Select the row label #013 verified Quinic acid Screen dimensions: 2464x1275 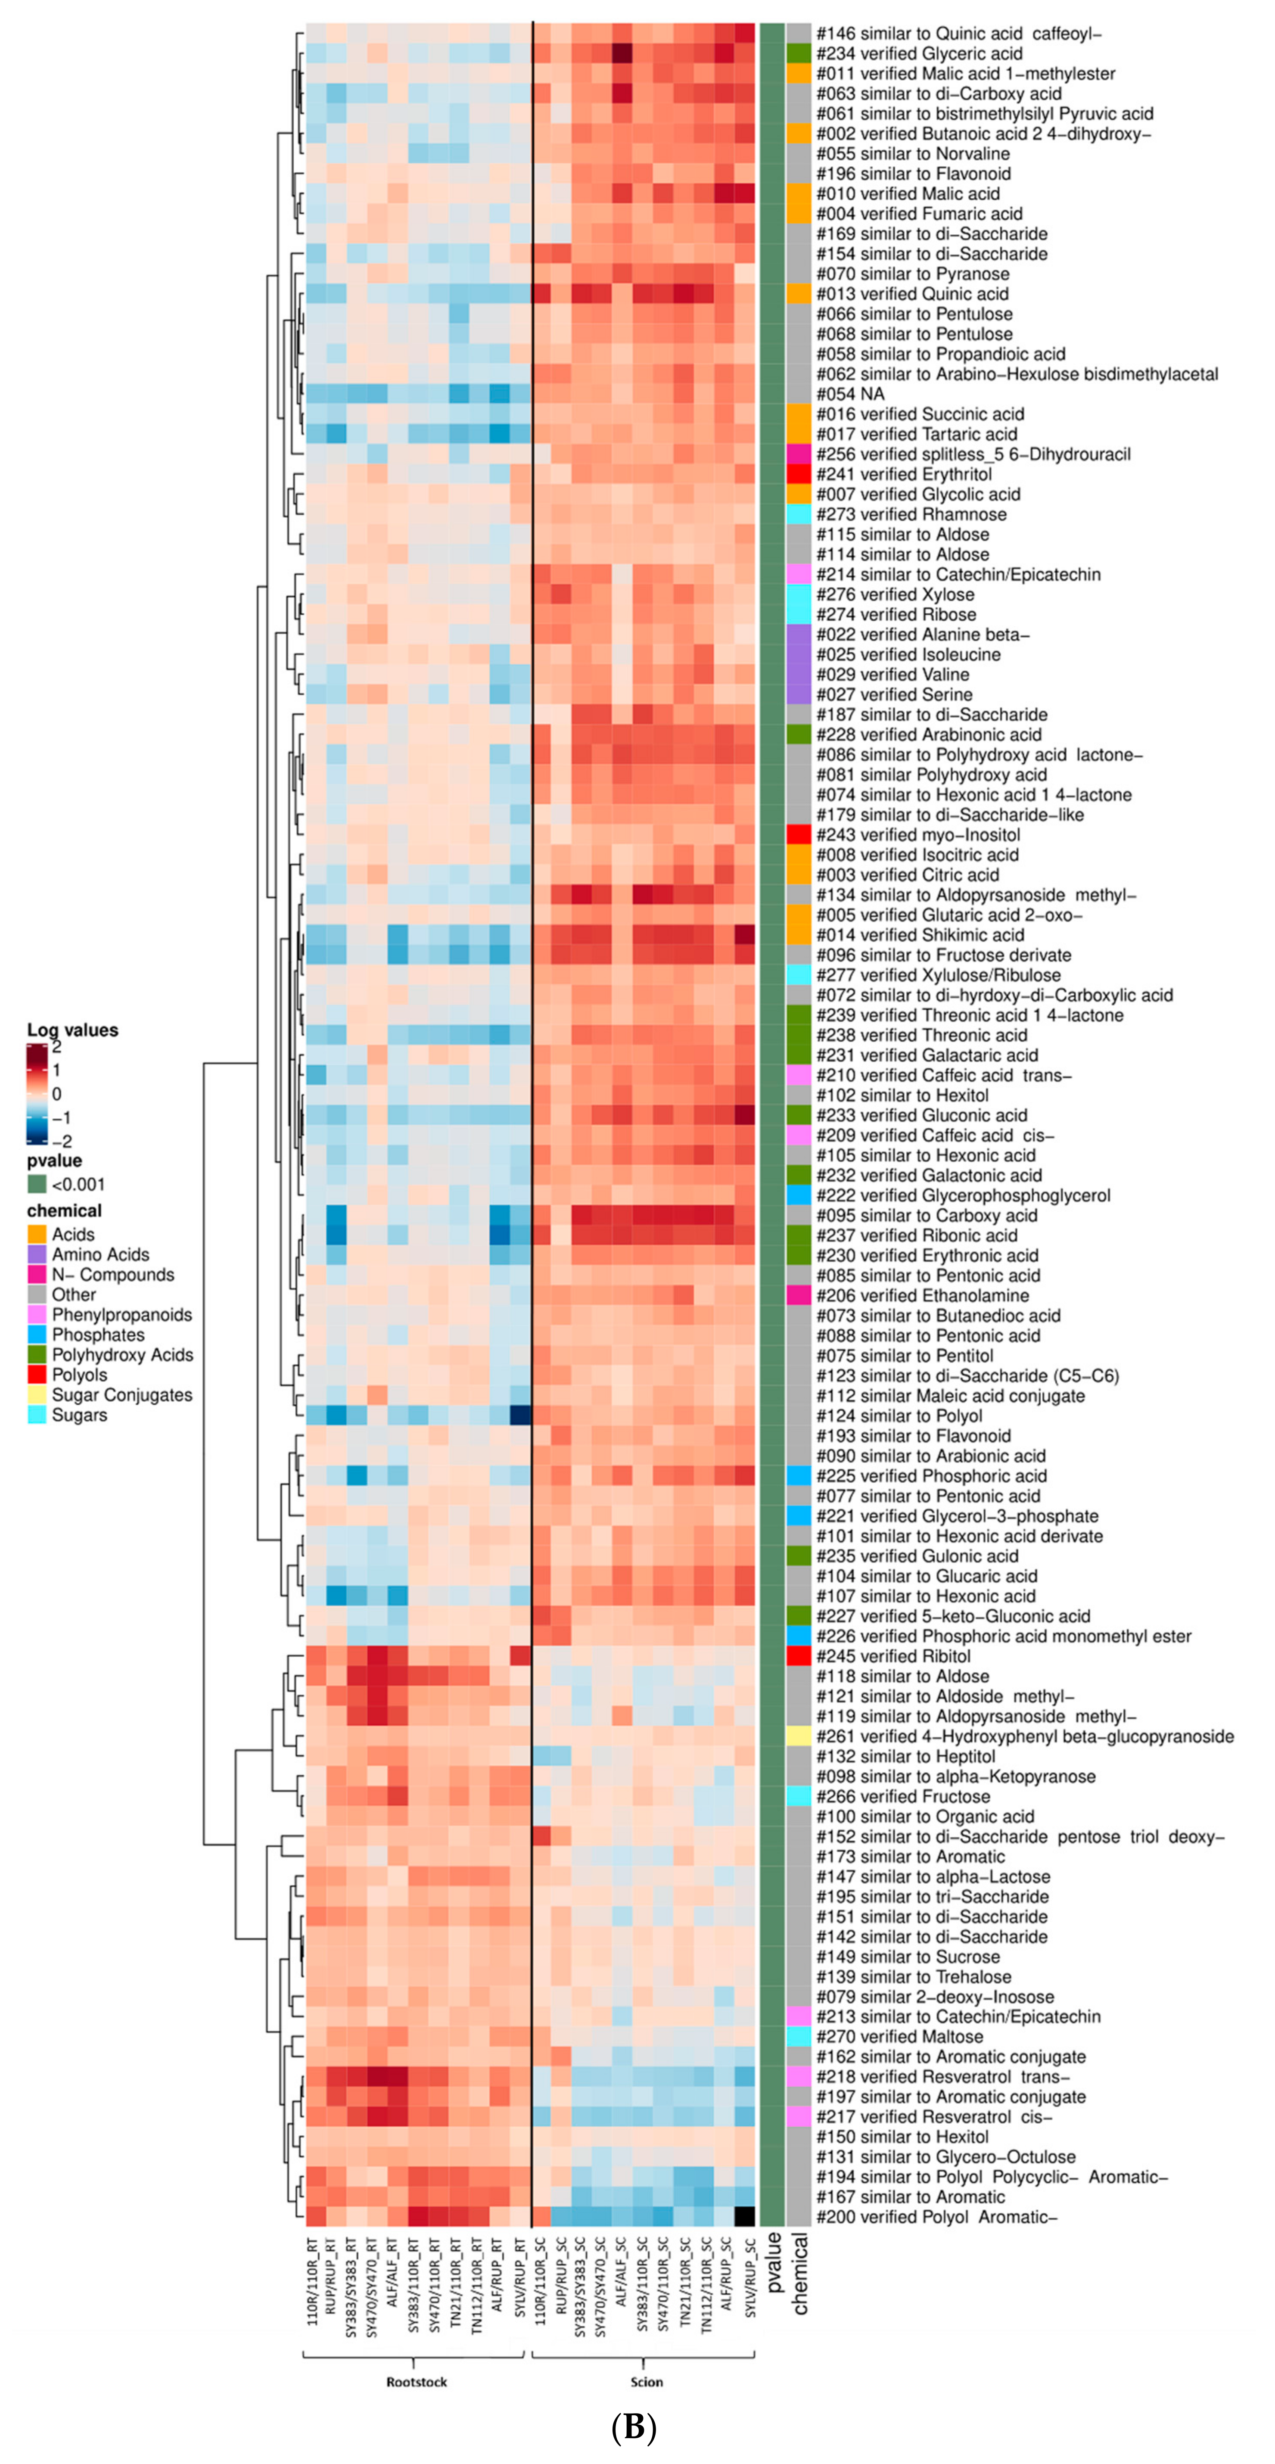(911, 294)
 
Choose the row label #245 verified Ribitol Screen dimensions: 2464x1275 (892, 1656)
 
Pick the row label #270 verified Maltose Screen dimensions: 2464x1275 (899, 2036)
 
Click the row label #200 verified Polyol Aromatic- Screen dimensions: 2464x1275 (936, 2216)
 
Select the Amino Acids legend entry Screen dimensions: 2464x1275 (100, 1254)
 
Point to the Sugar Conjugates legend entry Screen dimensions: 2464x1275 (121, 1394)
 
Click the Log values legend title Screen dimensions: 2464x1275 (73, 1030)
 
